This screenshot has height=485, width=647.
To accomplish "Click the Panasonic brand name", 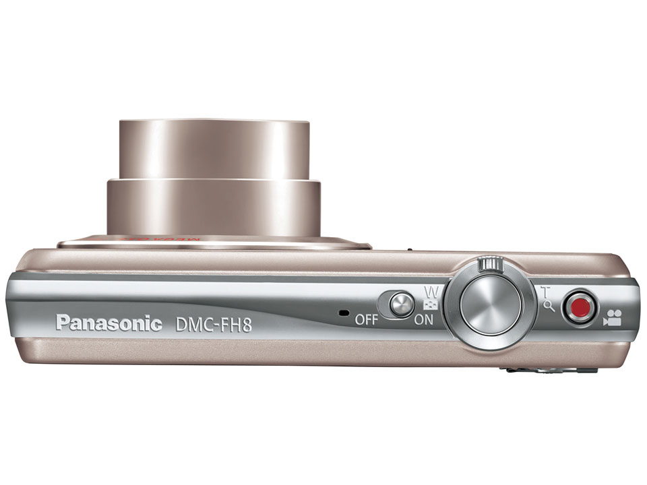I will coord(109,323).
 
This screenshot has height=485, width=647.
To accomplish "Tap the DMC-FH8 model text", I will coord(213,324).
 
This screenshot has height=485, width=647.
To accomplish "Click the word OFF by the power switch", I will coord(367,319).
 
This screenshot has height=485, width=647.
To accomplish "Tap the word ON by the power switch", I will coord(424,319).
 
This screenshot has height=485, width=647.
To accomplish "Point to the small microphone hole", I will coord(342,313).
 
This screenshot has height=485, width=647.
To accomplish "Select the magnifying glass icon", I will coord(549,306).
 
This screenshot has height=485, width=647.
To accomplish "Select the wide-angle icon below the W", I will coord(431,304).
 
